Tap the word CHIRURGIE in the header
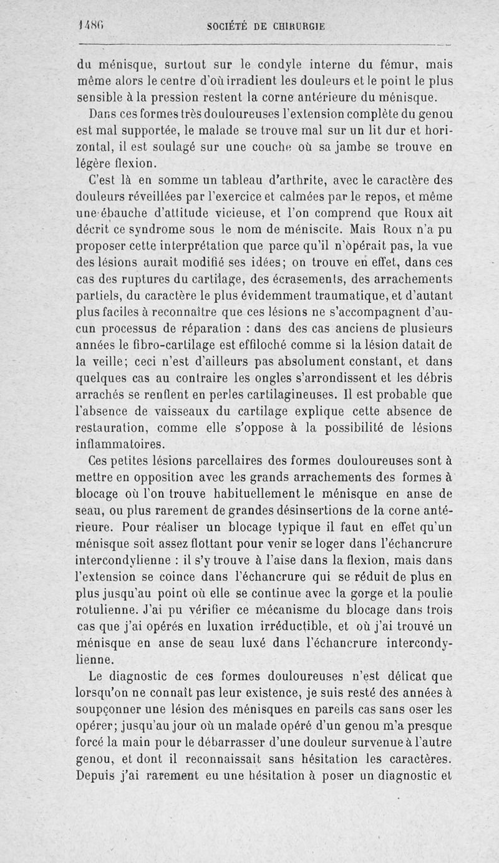pos(294,27)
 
